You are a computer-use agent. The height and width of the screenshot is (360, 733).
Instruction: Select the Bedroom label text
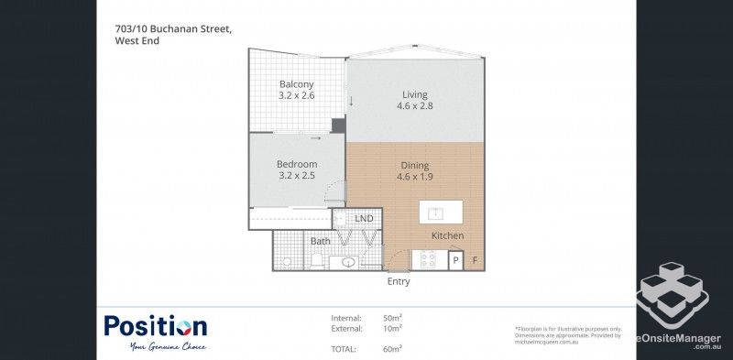coord(296,165)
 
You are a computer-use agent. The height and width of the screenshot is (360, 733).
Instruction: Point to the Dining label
coord(414,166)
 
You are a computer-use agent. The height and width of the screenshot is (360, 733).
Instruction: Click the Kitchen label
coord(448,236)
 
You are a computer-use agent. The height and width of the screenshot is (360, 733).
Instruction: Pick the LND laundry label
coord(364,219)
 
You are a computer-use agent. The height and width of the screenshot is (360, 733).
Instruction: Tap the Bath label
coord(320,242)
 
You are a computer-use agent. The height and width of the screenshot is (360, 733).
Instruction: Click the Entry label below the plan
coord(399,282)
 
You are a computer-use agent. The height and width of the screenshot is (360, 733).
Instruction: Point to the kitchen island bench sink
coord(437,213)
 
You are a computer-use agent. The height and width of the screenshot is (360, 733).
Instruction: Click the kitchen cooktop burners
coord(428,260)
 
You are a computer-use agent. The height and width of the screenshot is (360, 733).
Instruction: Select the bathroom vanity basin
coord(348,262)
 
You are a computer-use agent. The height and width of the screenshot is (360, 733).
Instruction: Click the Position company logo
coord(155,327)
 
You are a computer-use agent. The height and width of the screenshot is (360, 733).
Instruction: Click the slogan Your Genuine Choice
coord(168,346)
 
